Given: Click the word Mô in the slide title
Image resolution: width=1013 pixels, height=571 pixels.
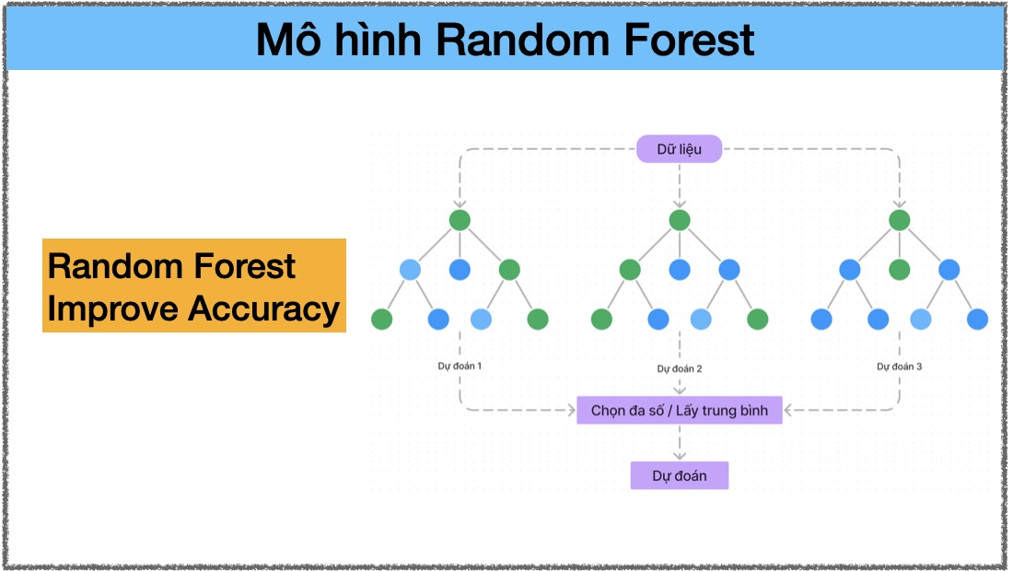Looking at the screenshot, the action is coord(288,39).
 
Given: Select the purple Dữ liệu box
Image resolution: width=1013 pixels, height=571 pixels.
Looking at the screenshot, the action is coord(679,149).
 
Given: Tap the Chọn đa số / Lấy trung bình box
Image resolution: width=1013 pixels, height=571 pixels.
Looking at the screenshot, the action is coord(679,410).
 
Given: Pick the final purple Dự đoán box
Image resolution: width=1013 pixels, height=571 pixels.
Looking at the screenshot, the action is coord(679,475).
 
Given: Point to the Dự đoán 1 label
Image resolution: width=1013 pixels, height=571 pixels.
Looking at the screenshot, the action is coord(460,366).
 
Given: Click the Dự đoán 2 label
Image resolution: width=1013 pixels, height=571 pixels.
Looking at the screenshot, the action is coord(679,368).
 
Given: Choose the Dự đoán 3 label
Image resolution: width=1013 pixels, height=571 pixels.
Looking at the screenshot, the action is coord(899,367).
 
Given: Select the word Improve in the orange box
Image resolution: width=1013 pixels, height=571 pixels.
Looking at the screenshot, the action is coord(113,309).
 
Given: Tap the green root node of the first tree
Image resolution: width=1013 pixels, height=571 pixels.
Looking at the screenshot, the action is coord(460,220).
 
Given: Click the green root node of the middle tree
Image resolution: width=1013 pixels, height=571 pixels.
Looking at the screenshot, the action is coord(679,220).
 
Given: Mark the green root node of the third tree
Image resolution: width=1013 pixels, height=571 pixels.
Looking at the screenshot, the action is coord(899,220).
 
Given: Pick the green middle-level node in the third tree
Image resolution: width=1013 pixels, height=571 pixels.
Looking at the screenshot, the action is coord(899,269).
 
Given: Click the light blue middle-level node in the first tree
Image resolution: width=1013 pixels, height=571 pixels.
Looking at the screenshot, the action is coord(410,269).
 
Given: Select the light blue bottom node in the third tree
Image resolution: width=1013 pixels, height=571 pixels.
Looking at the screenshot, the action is coord(920,319).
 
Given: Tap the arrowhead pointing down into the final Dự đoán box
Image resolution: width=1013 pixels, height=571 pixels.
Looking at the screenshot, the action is coord(679,455).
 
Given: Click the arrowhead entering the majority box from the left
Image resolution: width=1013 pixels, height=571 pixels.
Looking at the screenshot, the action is coord(571,410).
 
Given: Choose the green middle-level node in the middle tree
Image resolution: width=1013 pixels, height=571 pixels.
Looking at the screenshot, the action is coord(629,269).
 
